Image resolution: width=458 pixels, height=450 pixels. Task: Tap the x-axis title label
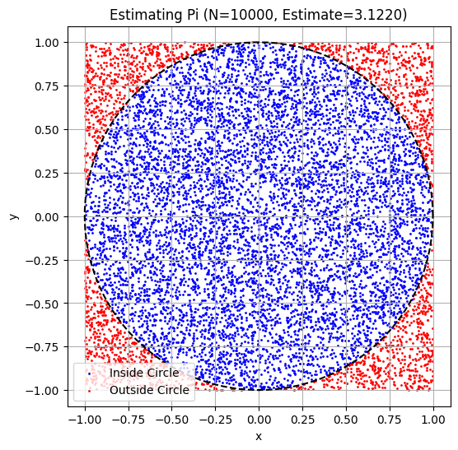coord(258,436)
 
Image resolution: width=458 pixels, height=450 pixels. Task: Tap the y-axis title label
coord(12,216)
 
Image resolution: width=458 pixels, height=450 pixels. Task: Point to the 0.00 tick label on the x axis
coord(259,417)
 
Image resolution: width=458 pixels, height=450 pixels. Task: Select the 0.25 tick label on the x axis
coord(302,417)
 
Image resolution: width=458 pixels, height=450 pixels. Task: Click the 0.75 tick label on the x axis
coord(390,417)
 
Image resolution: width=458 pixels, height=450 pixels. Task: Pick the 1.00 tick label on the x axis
coord(433,417)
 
